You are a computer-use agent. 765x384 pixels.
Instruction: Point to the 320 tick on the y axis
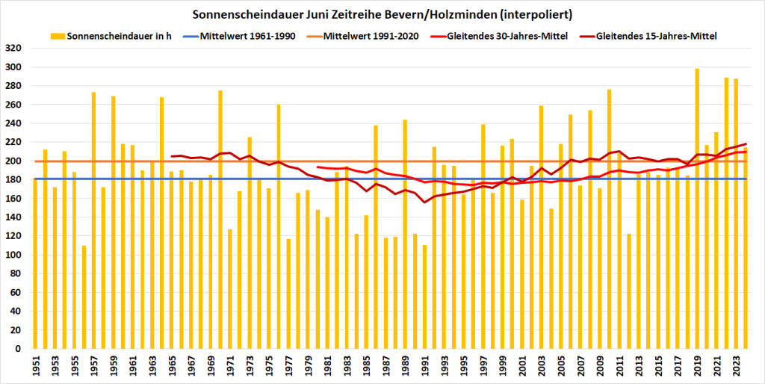coord(16,49)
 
